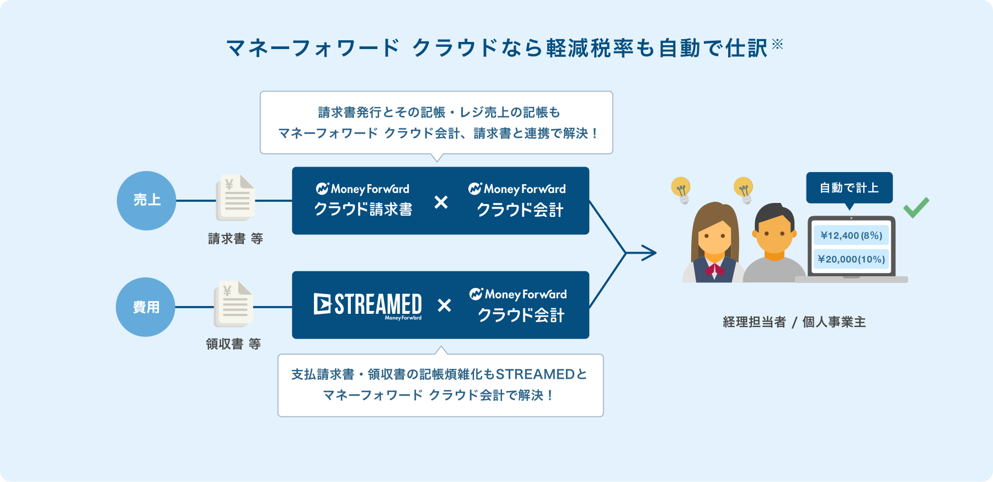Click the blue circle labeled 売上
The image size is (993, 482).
[x=146, y=201]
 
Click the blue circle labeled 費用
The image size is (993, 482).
[x=146, y=307]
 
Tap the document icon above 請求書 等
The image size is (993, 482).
[x=236, y=197]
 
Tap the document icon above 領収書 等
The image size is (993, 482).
[x=233, y=304]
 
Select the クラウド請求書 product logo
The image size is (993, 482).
[x=363, y=200]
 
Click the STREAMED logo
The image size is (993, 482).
[x=368, y=306]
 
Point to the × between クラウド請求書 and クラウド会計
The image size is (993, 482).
[x=441, y=202]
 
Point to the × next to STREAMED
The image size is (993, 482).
[x=444, y=305]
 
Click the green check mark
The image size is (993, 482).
[x=916, y=207]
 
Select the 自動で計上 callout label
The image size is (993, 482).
[x=849, y=188]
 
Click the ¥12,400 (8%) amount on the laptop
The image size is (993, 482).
[x=851, y=235]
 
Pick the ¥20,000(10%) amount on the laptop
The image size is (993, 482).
[x=851, y=259]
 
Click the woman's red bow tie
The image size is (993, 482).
[x=714, y=270]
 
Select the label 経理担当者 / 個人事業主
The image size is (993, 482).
[x=794, y=322]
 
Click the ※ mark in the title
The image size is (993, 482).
[x=777, y=44]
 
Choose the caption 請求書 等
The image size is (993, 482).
[x=236, y=239]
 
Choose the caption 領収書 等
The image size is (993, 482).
[x=233, y=344]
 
